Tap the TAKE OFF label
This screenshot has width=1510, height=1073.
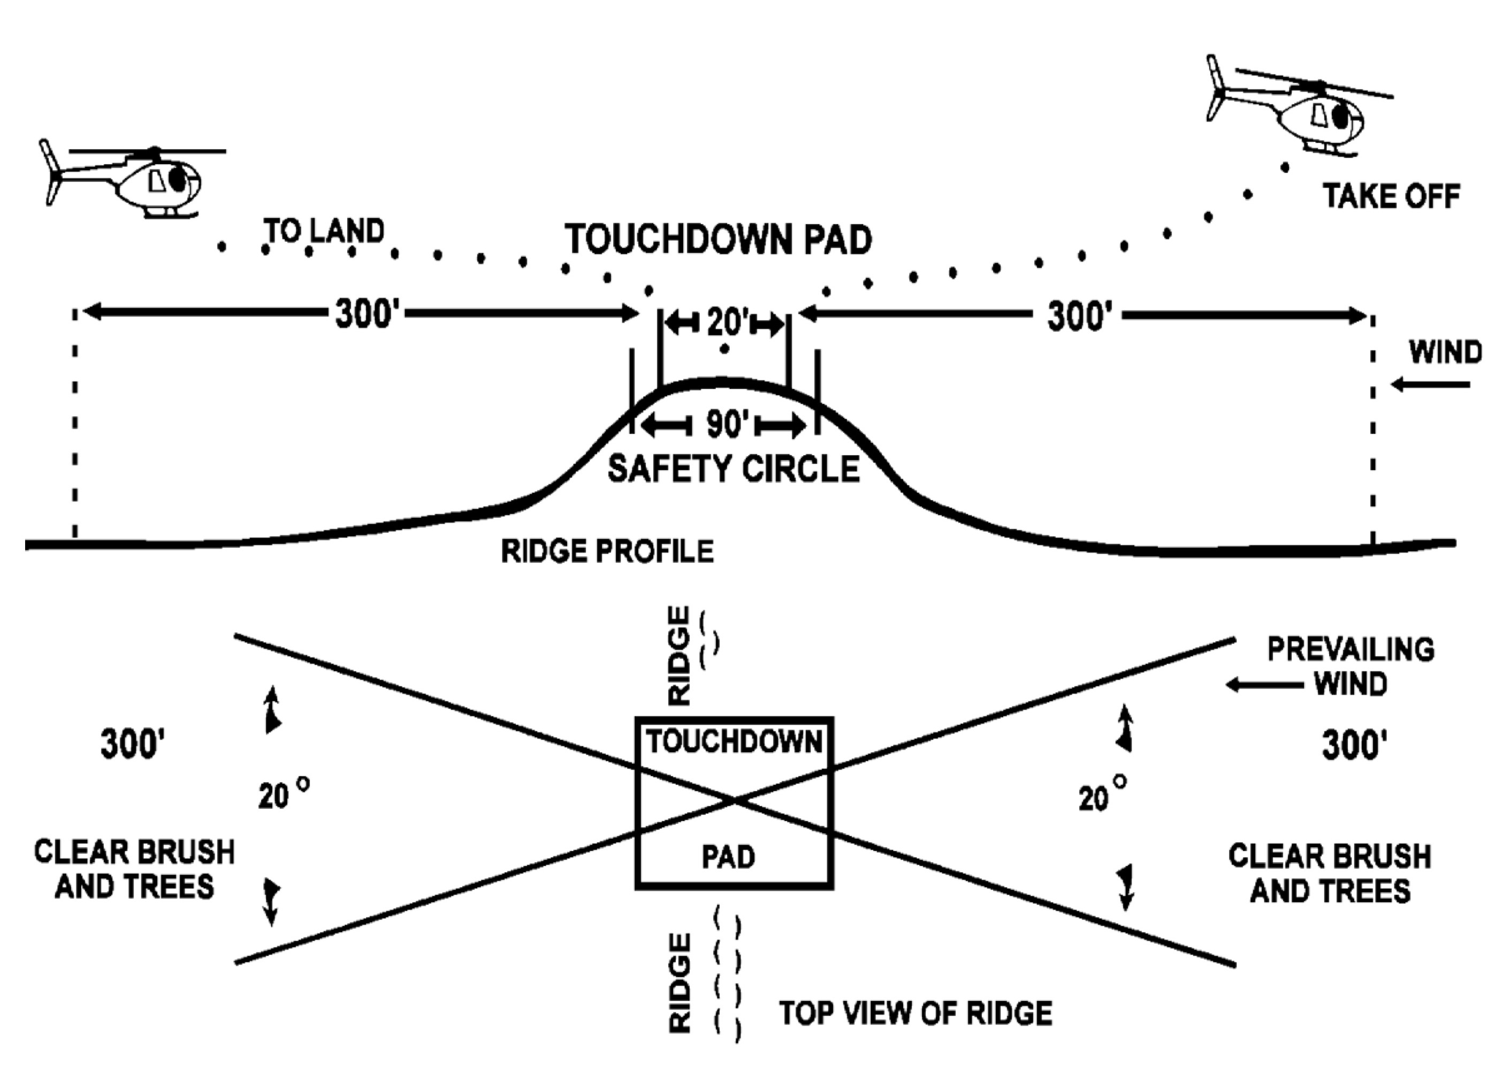1391,196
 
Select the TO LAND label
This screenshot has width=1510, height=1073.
324,231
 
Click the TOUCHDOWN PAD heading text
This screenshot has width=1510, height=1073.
718,239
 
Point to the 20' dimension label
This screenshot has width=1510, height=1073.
726,323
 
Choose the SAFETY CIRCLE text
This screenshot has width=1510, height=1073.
734,469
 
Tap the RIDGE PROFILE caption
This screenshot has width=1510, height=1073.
607,551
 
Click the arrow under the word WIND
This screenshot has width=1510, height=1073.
1431,385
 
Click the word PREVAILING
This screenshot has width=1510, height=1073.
1351,650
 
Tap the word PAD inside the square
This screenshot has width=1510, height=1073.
728,857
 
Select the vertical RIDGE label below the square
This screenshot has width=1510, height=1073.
680,983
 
